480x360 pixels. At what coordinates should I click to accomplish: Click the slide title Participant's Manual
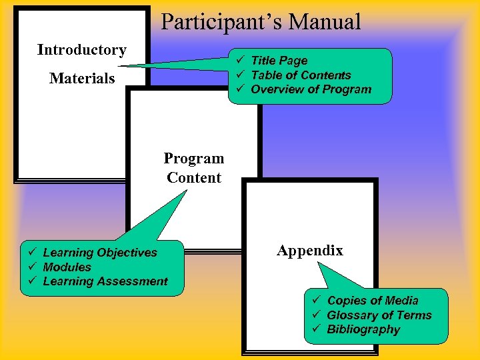[261, 22]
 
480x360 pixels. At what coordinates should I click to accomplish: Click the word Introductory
[81, 50]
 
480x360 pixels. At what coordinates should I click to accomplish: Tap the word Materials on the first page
[82, 79]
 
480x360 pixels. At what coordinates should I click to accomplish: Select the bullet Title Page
[279, 61]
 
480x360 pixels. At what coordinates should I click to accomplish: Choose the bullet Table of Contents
[300, 75]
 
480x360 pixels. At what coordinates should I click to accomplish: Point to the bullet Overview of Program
[311, 89]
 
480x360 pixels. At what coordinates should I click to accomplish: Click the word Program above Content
[194, 159]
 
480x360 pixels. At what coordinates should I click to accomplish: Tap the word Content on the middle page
[194, 178]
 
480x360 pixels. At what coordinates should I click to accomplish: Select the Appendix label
[310, 251]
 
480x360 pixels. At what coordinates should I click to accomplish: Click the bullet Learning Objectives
[100, 253]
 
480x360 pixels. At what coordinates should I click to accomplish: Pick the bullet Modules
[67, 267]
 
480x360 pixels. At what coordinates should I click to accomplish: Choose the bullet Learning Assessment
[105, 281]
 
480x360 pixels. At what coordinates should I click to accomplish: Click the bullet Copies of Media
[373, 301]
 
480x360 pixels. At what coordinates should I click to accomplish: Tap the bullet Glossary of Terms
[379, 315]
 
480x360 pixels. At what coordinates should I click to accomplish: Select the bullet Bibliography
[363, 329]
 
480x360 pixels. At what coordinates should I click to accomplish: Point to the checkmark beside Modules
[32, 267]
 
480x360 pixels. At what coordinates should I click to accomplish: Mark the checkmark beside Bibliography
[317, 329]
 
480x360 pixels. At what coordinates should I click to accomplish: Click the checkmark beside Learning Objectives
[32, 253]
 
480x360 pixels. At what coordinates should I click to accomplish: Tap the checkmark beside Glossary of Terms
[317, 315]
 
